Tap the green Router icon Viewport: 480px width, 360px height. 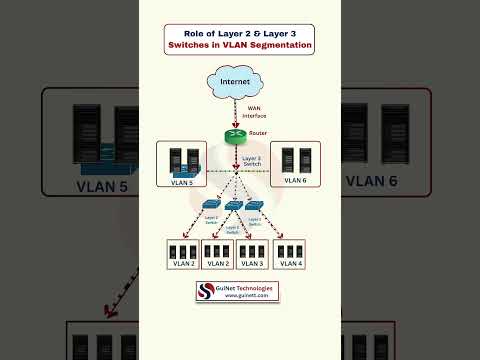235,136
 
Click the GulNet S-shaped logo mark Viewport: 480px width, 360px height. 206,291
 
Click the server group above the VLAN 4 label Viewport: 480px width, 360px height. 288,250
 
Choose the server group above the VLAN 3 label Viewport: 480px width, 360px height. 253,250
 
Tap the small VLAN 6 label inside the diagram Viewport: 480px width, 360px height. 294,180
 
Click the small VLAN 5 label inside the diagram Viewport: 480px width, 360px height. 181,181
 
